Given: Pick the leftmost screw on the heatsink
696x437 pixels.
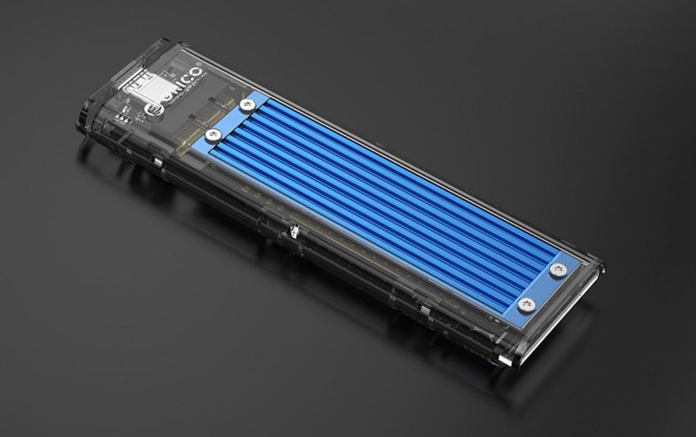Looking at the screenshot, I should tap(212, 136).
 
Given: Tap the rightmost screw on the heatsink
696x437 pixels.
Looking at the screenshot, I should tap(558, 270).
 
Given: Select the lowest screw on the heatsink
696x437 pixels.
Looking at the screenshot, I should tap(526, 305).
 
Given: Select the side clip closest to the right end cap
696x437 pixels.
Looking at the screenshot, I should tap(424, 310).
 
